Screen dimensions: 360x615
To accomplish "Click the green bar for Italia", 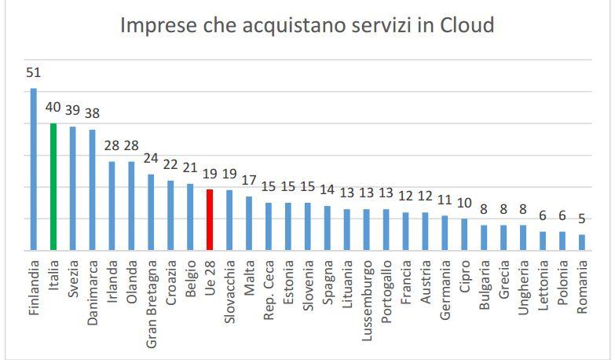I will [53, 186].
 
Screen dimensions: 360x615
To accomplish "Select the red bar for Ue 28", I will [210, 219].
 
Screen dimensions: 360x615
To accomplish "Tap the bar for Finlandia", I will [34, 169].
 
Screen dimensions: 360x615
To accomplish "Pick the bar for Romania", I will [582, 241].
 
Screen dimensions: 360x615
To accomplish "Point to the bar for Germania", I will [445, 232].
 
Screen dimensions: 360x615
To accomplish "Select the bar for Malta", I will [249, 222].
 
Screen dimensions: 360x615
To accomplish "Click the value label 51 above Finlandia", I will [34, 73].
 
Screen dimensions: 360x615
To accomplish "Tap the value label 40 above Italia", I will [53, 108].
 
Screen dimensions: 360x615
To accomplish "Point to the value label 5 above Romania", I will [582, 219].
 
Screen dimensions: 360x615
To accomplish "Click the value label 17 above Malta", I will [249, 180].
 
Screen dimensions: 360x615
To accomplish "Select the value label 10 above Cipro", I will [464, 203].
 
